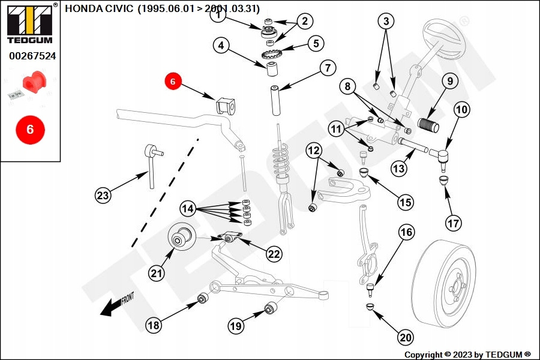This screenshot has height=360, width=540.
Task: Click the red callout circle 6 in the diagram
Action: (x=172, y=81)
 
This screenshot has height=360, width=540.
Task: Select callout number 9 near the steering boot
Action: (x=450, y=82)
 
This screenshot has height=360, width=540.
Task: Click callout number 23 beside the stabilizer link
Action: (x=103, y=194)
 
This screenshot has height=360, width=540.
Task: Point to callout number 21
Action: (x=157, y=274)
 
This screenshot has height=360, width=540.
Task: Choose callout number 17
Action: (x=454, y=223)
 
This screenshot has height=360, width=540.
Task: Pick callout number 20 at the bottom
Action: (x=406, y=338)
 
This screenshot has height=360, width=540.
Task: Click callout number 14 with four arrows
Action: (x=188, y=209)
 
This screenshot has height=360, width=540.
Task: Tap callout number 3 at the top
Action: (x=386, y=22)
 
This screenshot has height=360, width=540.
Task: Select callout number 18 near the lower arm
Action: (x=154, y=325)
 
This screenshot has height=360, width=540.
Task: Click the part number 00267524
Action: (x=32, y=56)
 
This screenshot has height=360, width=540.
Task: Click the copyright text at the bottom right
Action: (x=467, y=355)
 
